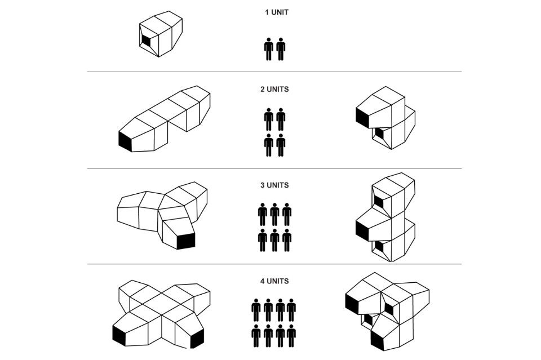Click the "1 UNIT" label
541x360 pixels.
click(277, 12)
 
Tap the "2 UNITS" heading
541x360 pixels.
click(274, 90)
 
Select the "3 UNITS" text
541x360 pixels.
click(274, 185)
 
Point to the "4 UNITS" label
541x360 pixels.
click(274, 281)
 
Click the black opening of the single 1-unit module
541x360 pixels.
click(146, 41)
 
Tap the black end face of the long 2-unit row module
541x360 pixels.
click(125, 141)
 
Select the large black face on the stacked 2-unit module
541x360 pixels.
click(362, 118)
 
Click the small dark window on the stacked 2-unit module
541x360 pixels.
click(379, 134)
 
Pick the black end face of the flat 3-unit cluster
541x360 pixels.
click(185, 241)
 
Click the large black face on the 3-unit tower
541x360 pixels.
click(362, 230)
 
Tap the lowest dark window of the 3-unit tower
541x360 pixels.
click(379, 246)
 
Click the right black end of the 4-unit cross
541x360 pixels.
click(197, 339)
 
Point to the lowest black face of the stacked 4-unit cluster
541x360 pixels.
click(378, 340)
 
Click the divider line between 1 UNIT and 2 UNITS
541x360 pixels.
click(274, 72)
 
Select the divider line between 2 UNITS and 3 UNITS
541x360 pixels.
click(274, 168)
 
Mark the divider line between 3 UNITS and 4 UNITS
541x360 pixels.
click(274, 264)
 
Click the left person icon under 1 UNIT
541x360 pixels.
click(268, 49)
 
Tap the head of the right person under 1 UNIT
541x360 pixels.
click(281, 39)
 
